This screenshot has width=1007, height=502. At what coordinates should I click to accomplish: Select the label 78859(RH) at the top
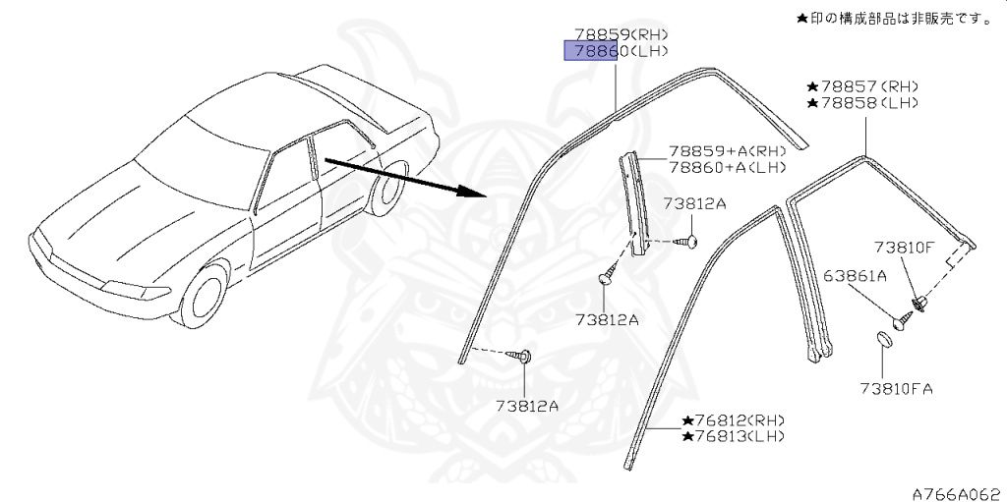[616, 33]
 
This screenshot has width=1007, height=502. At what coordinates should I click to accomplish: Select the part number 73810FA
[894, 388]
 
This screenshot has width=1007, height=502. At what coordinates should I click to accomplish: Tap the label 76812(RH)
[733, 419]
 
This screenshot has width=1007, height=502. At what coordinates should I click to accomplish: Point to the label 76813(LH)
[733, 435]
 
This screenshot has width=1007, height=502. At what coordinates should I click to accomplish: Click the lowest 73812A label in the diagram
[527, 405]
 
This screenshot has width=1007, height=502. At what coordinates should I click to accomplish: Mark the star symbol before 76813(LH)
[685, 435]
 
